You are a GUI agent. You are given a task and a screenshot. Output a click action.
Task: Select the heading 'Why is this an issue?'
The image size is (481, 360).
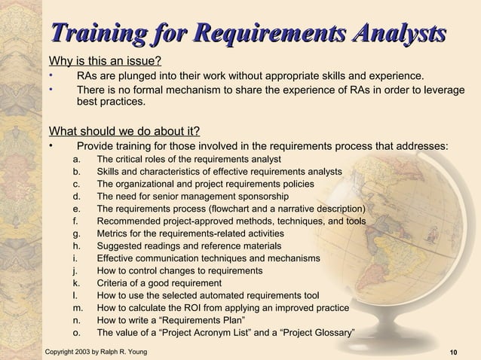[106, 61]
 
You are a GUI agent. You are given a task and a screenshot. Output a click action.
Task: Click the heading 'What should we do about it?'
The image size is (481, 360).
[124, 129]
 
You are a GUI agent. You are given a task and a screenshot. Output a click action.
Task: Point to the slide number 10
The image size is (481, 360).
[453, 352]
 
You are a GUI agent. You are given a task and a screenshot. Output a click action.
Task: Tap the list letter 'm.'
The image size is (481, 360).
[78, 308]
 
